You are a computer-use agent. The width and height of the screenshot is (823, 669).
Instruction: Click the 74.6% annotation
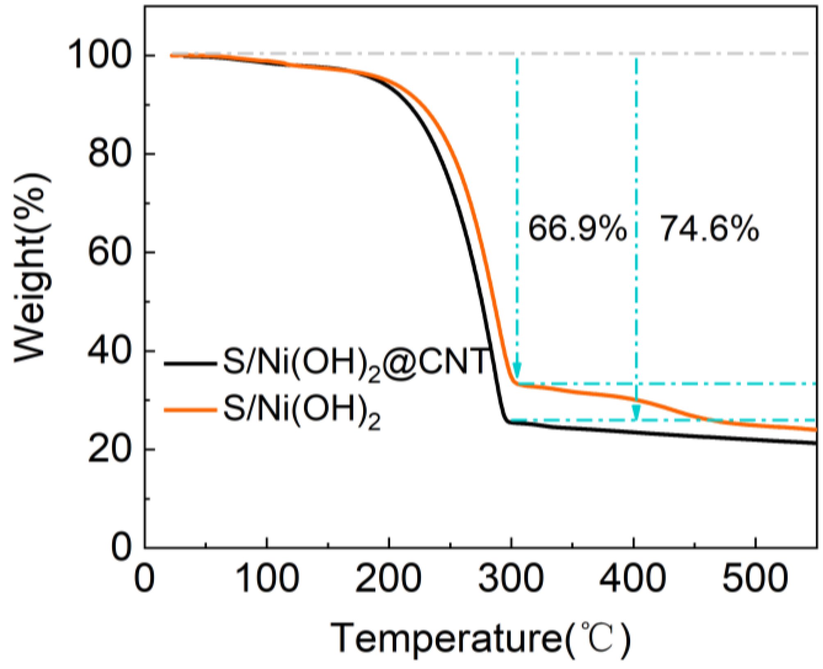[709, 229]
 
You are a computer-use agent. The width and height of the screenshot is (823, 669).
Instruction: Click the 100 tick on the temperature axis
[267, 578]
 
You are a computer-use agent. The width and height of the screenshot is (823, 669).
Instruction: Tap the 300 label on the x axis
[511, 578]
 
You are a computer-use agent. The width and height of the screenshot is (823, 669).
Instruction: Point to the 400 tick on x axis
[633, 578]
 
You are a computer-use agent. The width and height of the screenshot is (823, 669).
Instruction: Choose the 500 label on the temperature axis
[755, 578]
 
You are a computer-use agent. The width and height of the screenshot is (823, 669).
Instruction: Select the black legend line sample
[190, 363]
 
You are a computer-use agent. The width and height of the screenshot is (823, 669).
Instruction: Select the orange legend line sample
[190, 410]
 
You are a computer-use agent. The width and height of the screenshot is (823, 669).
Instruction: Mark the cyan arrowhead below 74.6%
[636, 412]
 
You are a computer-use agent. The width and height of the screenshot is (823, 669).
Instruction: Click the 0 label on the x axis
[144, 578]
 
